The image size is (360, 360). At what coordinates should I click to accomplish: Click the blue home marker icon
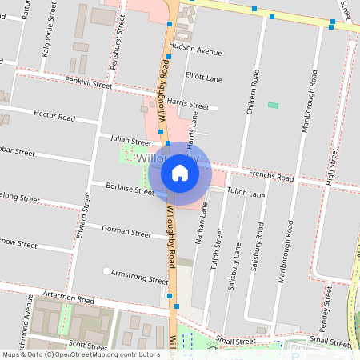point(180,172)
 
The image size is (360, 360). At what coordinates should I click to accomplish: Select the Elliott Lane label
point(203,78)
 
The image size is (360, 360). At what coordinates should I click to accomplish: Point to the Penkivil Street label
point(90,82)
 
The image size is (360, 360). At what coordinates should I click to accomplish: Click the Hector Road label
point(54,116)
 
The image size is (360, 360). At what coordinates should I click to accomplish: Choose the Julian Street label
point(130,139)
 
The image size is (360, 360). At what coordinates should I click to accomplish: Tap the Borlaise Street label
point(130,189)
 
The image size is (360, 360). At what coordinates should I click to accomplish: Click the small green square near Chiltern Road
point(274,106)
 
